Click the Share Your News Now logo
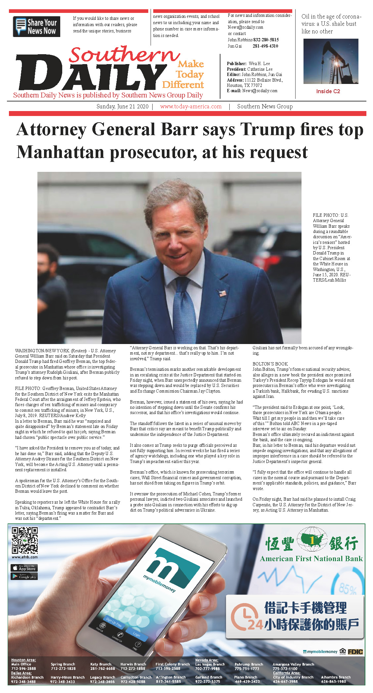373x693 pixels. coord(36,26)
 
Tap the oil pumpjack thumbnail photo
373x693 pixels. coord(331,61)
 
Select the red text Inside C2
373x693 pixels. coord(328,91)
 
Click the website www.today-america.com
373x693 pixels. coord(191,106)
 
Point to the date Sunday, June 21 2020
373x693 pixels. coord(122,106)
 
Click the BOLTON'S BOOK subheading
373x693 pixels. coord(270,364)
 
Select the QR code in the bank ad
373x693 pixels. coord(25,540)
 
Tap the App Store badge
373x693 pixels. coord(24,568)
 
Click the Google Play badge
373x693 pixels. coord(24,577)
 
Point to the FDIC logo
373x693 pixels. coord(355,652)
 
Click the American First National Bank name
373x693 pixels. coord(311,559)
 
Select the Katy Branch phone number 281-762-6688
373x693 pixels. coord(103,669)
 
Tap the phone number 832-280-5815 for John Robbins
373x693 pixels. coord(266,40)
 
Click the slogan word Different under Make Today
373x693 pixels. coord(183,85)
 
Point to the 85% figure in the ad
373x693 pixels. coord(348,589)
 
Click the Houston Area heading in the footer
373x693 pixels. coord(23,660)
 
